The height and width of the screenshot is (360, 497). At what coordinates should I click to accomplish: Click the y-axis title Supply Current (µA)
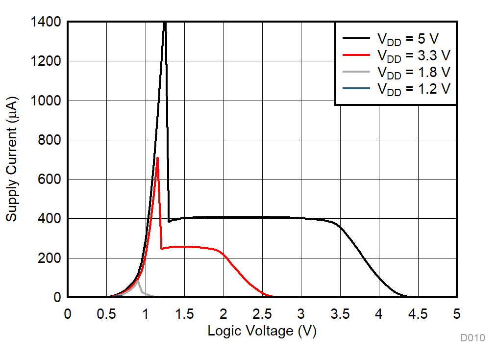(12, 159)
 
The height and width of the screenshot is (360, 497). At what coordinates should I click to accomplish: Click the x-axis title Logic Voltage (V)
(262, 331)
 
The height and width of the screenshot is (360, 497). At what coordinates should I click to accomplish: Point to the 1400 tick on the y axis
(47, 22)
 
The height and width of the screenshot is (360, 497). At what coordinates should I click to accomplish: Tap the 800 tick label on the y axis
(50, 140)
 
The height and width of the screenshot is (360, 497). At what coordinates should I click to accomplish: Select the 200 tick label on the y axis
(50, 258)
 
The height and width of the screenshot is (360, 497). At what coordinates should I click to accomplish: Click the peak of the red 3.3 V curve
(157, 158)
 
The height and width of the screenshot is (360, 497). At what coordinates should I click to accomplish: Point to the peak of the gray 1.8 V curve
(138, 280)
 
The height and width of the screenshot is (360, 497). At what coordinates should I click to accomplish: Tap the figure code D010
(472, 338)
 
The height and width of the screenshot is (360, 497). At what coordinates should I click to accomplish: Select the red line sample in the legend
(355, 55)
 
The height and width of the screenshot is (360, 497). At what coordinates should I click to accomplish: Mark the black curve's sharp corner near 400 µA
(169, 221)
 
